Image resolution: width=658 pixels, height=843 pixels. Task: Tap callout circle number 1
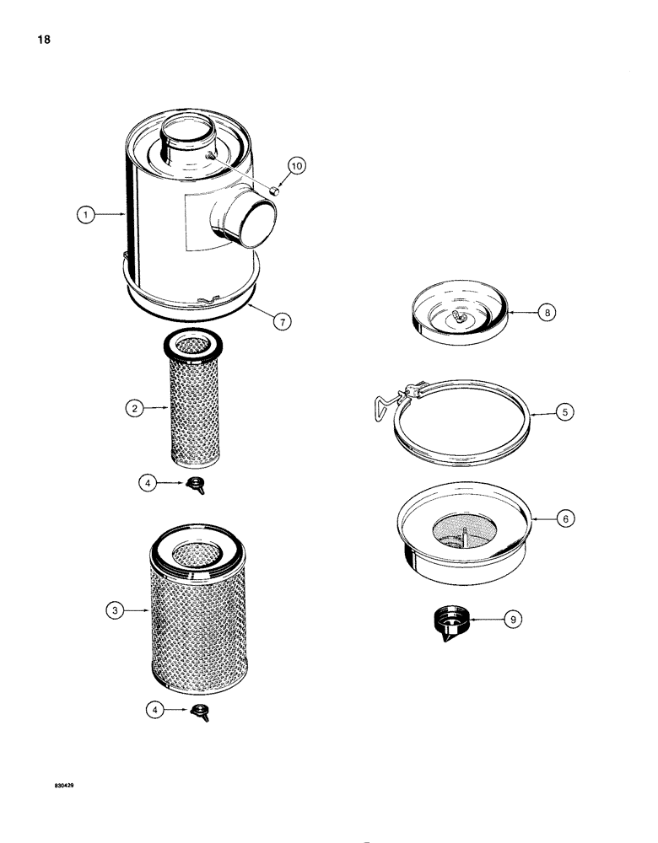[x=84, y=215]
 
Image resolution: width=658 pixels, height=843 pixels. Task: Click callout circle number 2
[x=134, y=410]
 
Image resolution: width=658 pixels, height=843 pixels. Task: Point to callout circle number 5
[x=563, y=414]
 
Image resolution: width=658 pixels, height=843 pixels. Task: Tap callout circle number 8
[x=548, y=312]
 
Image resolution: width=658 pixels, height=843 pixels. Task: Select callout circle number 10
[x=296, y=165]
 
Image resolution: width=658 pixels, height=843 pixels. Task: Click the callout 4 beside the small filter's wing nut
[x=147, y=483]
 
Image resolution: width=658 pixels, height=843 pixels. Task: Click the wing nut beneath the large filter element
[x=202, y=711]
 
